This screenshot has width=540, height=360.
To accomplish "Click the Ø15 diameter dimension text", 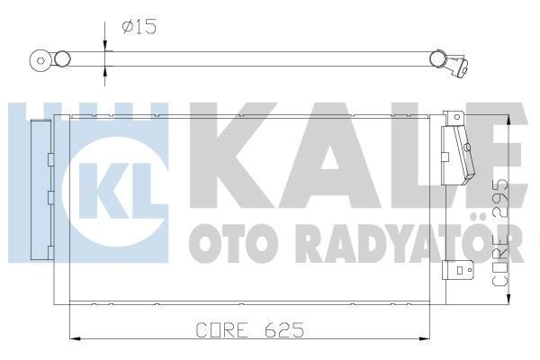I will click(139, 27).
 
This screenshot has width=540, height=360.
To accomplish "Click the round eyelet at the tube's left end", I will click(40, 62).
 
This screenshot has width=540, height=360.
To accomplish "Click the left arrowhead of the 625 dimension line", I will click(74, 338).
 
